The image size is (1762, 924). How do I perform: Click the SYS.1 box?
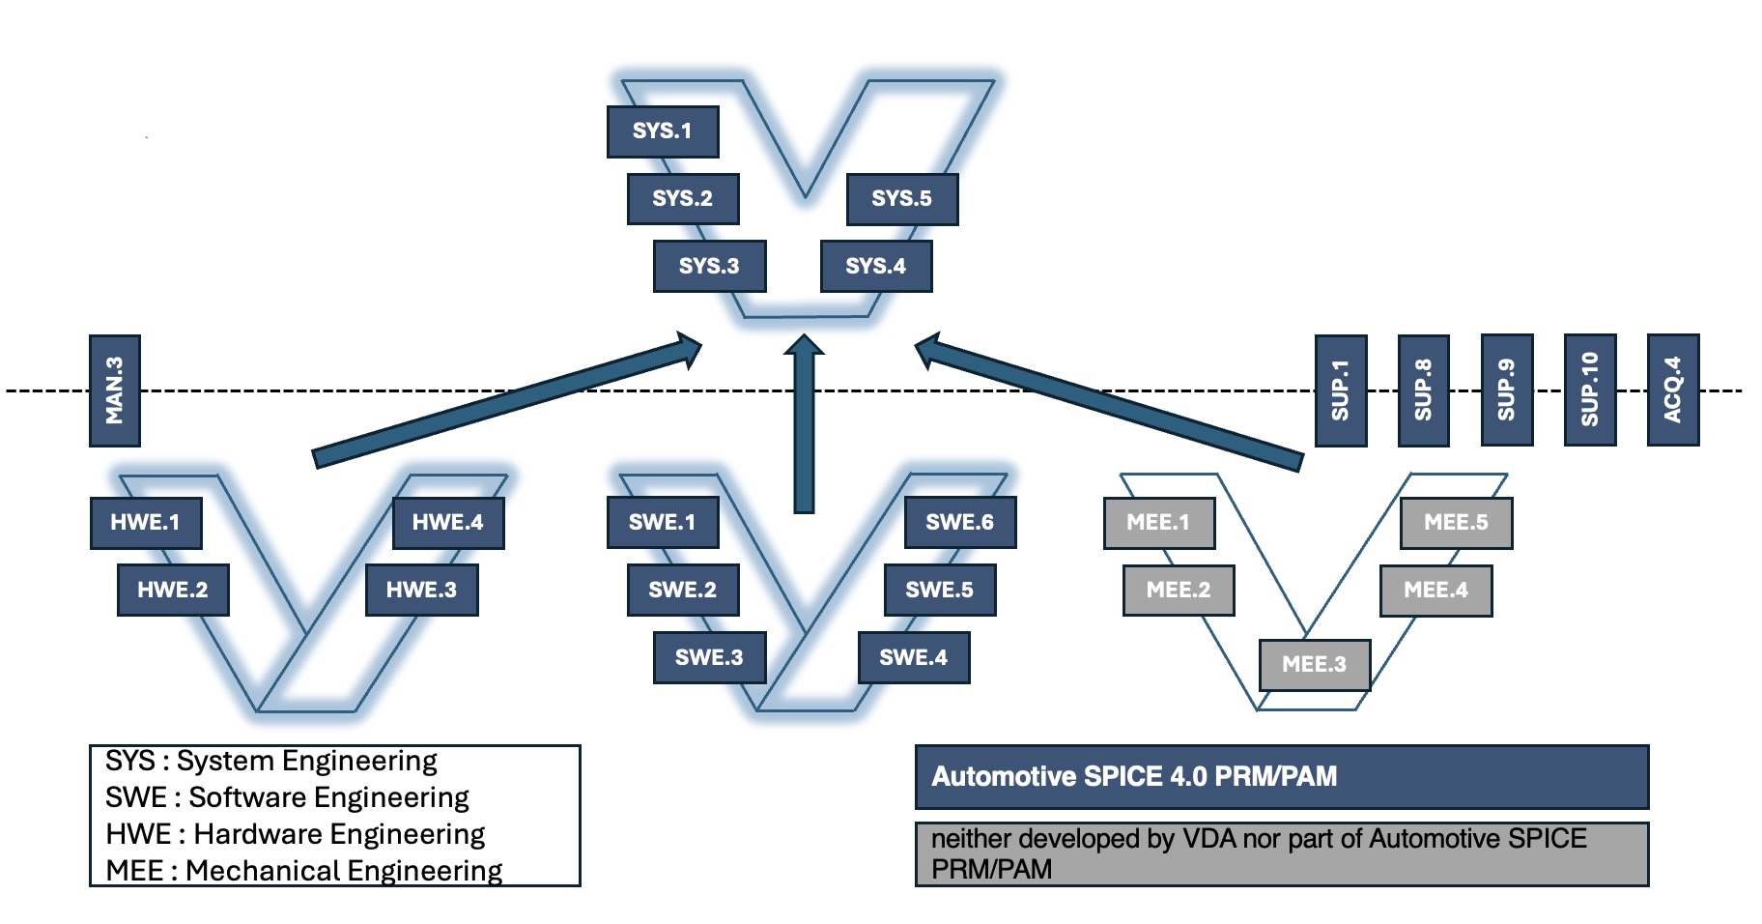tap(663, 131)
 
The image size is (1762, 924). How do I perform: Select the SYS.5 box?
tap(902, 199)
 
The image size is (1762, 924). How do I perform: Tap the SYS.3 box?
tap(709, 267)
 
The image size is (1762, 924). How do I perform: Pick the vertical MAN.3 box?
tap(115, 390)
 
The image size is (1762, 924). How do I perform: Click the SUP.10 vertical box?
tap(1590, 390)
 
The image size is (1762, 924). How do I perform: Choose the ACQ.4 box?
tap(1673, 390)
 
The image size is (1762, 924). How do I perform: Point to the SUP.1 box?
tap(1341, 390)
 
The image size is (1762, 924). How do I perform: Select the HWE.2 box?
tap(173, 591)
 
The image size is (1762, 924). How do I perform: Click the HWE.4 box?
tap(448, 523)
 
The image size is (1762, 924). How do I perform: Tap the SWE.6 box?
tap(960, 523)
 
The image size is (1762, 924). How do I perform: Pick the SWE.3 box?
tap(709, 658)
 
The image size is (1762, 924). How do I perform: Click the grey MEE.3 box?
tap(1315, 665)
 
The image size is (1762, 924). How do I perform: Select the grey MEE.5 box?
tap(1457, 523)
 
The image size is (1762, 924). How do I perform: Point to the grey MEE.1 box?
tap(1159, 523)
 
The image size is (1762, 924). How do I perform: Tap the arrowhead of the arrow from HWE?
tap(688, 350)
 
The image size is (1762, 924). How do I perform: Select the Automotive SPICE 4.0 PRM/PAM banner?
tap(1281, 777)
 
